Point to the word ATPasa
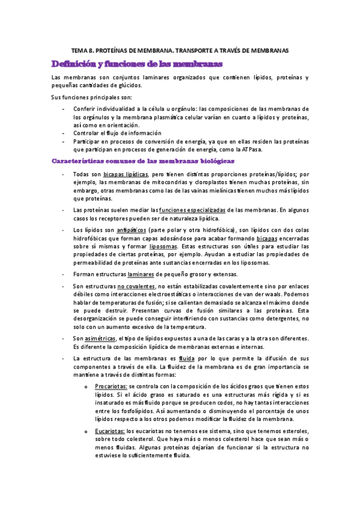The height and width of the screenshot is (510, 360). [255, 150]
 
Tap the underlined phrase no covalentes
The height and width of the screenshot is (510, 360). [136, 286]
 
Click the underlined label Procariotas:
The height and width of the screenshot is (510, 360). [110, 384]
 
